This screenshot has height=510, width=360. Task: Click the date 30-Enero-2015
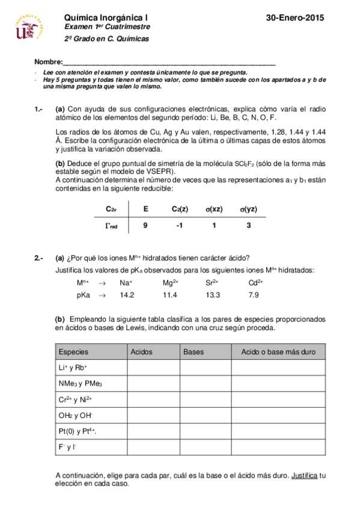294,19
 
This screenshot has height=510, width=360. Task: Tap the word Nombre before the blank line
48,63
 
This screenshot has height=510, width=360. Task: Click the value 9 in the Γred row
145,226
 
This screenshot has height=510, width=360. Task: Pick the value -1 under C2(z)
178,226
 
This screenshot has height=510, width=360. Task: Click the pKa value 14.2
126,295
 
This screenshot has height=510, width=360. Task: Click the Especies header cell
74,352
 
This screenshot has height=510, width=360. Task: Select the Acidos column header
141,352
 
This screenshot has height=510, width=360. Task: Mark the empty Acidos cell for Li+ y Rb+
153,367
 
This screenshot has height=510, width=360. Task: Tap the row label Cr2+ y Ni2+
75,399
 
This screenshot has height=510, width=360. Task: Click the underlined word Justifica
305,475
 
